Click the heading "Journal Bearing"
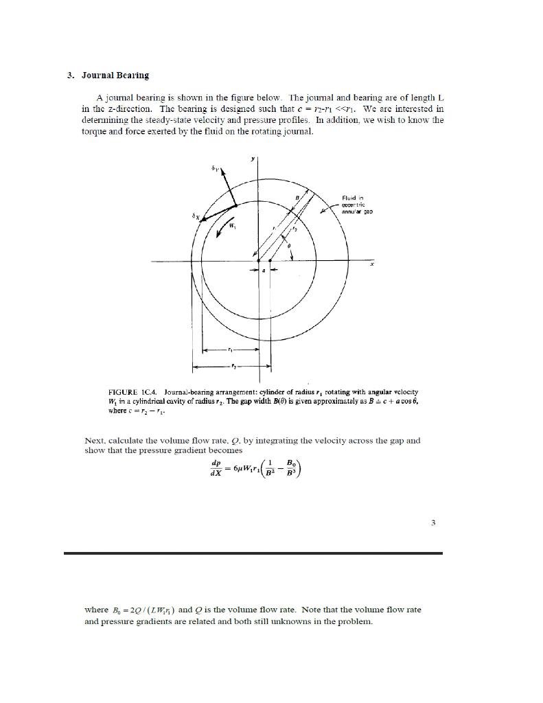coord(115,75)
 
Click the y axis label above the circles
coord(253,158)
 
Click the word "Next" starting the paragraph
coord(94,440)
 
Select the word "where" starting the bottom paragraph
coord(96,610)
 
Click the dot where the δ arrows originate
coord(235,205)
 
